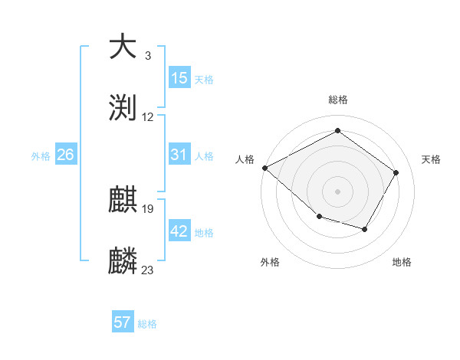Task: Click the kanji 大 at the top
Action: (123, 46)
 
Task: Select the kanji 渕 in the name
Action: (123, 107)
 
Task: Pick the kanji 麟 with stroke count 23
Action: (123, 260)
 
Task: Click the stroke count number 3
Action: (147, 56)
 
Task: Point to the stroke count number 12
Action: (148, 117)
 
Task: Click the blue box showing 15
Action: (179, 78)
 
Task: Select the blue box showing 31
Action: (179, 155)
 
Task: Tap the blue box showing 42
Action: (179, 231)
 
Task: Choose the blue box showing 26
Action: (65, 155)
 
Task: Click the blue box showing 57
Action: (123, 322)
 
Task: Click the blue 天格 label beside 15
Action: (203, 80)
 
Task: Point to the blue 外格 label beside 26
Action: (41, 156)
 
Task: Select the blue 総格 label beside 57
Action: (147, 324)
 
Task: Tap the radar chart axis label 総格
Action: (337, 100)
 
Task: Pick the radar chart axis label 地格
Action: (402, 263)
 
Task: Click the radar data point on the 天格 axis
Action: (396, 172)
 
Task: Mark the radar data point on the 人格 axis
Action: (264, 168)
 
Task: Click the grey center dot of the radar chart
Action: (337, 191)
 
